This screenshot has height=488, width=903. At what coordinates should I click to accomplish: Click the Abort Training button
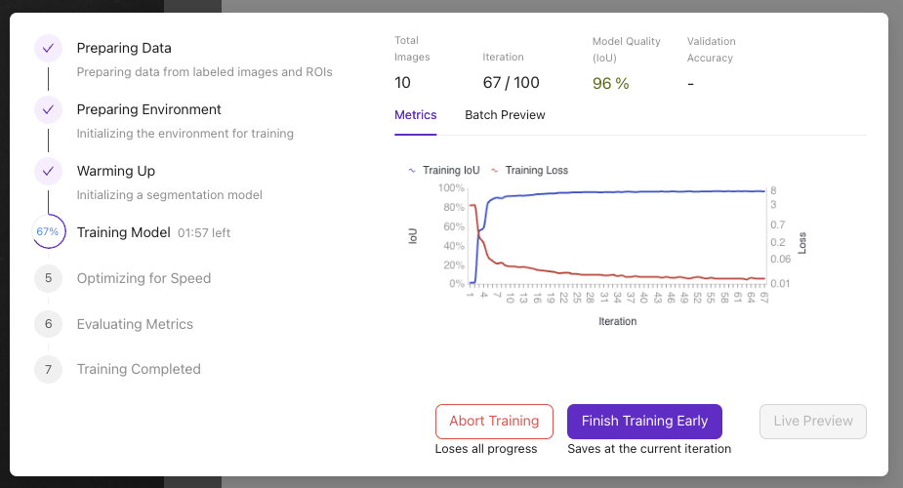(494, 421)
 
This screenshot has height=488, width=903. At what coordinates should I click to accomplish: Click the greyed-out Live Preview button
(813, 421)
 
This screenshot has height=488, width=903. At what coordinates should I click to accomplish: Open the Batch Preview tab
(505, 115)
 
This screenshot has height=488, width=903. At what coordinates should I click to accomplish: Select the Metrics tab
(415, 115)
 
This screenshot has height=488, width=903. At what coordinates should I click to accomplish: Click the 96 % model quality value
(610, 84)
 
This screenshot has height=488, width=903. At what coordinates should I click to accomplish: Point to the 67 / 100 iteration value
(511, 83)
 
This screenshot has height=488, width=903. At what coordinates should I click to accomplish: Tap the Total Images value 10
(403, 83)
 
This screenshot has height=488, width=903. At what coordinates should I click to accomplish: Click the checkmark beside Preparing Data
(48, 49)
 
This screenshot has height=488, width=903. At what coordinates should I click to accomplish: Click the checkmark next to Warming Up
(48, 172)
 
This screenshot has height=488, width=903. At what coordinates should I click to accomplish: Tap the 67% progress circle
(48, 232)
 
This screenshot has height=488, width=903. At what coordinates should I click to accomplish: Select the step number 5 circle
(48, 278)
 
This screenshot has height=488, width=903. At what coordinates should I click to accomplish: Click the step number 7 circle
(48, 369)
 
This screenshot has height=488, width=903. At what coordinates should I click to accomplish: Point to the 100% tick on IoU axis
(451, 187)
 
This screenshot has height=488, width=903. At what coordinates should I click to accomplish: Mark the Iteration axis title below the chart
(616, 321)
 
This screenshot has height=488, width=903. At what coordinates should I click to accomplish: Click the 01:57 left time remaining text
(204, 233)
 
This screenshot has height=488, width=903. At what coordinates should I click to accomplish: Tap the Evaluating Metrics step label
(135, 324)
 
